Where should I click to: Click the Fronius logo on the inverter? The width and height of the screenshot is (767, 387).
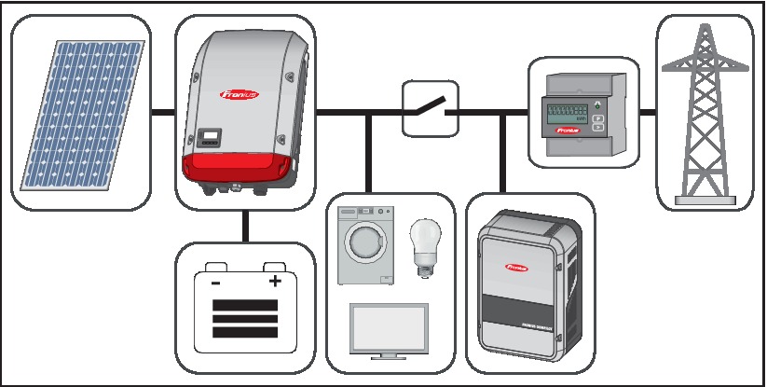[x=240, y=93]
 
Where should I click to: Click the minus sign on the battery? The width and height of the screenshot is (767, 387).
[x=215, y=282]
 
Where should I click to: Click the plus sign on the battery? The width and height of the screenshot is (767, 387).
[x=275, y=282]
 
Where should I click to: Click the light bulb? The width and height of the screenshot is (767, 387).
[x=424, y=242]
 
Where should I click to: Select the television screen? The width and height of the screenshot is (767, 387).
[x=387, y=328]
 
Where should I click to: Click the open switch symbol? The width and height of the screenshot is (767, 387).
[x=429, y=109]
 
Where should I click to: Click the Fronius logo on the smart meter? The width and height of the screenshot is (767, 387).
[x=568, y=132]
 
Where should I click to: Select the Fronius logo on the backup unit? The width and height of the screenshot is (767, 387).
[x=517, y=267]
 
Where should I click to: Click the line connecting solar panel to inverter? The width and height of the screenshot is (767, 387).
[x=163, y=113]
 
